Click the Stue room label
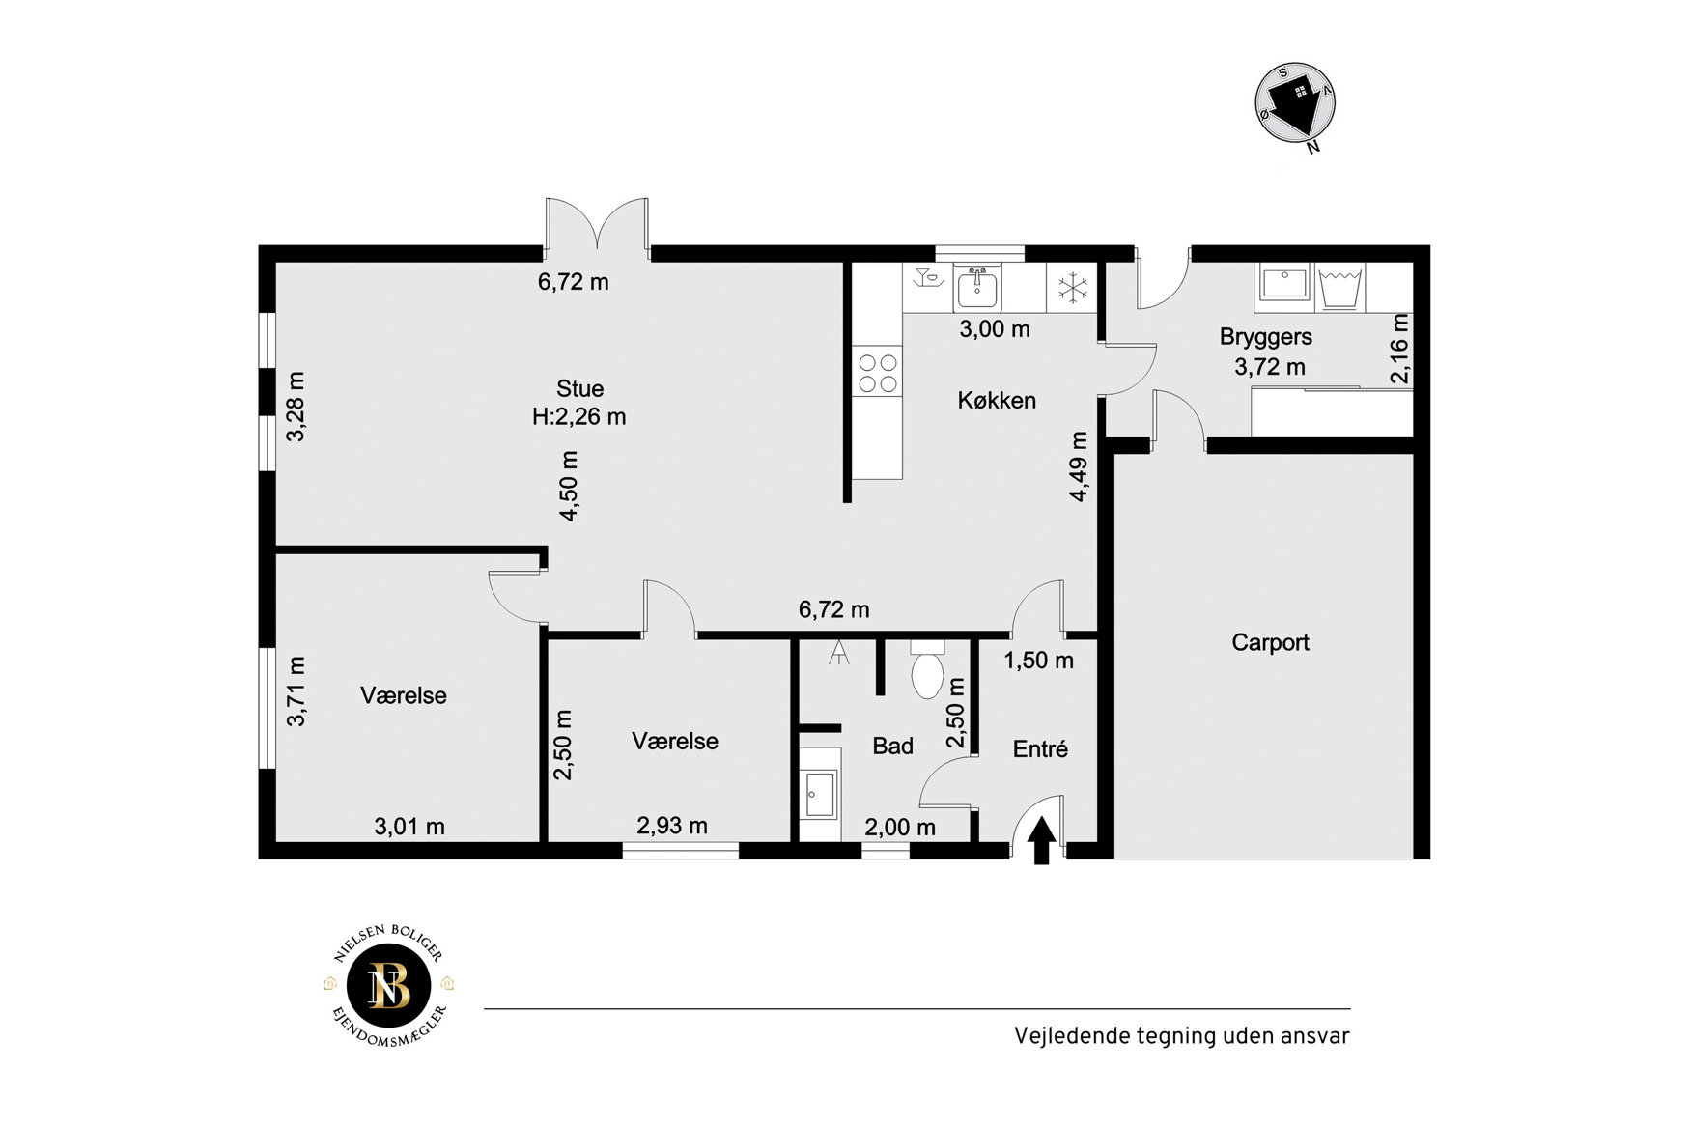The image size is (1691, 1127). click(x=579, y=388)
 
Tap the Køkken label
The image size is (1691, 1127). click(x=997, y=400)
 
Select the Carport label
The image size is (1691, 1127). click(x=1270, y=642)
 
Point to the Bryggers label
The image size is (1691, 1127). click(x=1265, y=337)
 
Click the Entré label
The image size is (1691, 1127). click(x=1040, y=748)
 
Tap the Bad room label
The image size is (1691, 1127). click(x=892, y=746)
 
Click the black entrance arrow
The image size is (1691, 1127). click(x=1041, y=840)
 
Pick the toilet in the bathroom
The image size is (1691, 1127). click(x=927, y=668)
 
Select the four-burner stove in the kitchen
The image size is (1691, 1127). click(x=877, y=374)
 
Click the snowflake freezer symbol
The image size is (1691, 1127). click(x=1072, y=287)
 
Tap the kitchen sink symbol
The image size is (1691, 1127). click(x=977, y=287)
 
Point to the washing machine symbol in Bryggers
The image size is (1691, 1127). click(x=1339, y=288)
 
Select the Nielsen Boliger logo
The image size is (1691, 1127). click(x=389, y=985)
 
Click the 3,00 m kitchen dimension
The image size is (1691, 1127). click(x=995, y=328)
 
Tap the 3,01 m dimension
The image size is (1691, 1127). click(x=409, y=826)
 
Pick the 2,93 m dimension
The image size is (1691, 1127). click(x=672, y=826)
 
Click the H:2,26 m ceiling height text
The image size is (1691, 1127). click(x=579, y=417)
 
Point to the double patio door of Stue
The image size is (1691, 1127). click(x=597, y=228)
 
